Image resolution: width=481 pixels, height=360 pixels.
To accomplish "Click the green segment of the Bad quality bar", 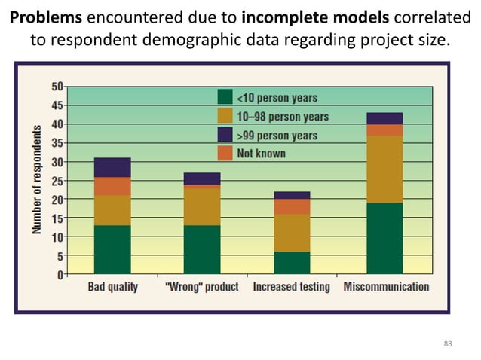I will (x=112, y=249).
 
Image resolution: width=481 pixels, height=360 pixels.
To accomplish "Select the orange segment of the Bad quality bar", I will (x=112, y=186).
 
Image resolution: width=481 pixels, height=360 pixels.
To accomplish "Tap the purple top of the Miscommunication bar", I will (x=384, y=118).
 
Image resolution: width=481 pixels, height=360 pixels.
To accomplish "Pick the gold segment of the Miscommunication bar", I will (x=384, y=169).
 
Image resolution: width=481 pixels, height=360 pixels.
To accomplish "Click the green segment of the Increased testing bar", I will (x=291, y=263).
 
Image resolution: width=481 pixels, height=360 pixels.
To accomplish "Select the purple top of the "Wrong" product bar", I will (x=202, y=178).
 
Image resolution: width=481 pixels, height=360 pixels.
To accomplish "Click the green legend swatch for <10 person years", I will (x=224, y=97).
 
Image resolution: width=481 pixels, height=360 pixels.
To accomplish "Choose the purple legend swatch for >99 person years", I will (x=224, y=135).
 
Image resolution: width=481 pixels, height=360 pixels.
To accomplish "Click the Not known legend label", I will (x=262, y=154).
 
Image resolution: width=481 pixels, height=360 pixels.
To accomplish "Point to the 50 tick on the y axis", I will (x=57, y=86).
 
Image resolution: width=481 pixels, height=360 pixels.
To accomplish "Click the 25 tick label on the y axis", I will (x=57, y=181).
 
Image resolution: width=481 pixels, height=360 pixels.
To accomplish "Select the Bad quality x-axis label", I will (x=112, y=287).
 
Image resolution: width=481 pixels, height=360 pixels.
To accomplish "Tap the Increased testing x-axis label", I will (x=291, y=287).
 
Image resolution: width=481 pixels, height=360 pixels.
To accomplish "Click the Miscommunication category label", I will (x=386, y=287).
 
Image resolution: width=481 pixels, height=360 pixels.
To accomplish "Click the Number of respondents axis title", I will (x=37, y=179).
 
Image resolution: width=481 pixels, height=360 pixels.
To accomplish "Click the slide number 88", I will (x=448, y=344).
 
